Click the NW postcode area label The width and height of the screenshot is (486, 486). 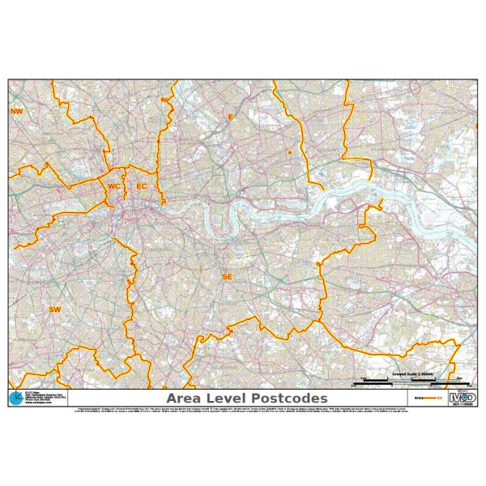(x=15, y=111)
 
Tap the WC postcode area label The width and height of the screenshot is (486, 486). (x=114, y=186)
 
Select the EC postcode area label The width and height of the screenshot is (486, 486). (x=142, y=186)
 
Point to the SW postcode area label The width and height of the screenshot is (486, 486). (x=55, y=309)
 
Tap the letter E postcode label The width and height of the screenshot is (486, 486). (x=229, y=117)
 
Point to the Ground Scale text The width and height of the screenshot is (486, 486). (x=412, y=374)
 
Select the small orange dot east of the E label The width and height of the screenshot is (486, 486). (x=288, y=151)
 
